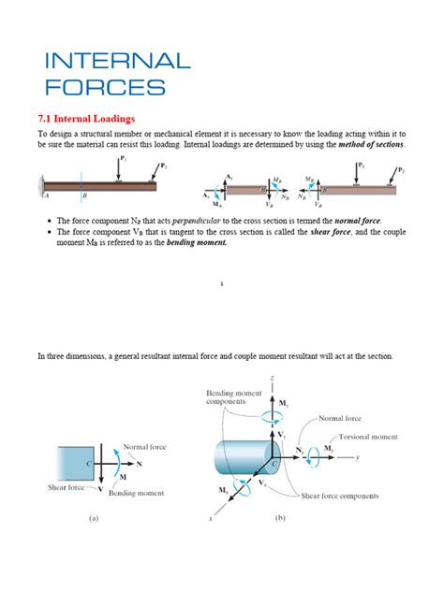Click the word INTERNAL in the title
(x=118, y=63)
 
